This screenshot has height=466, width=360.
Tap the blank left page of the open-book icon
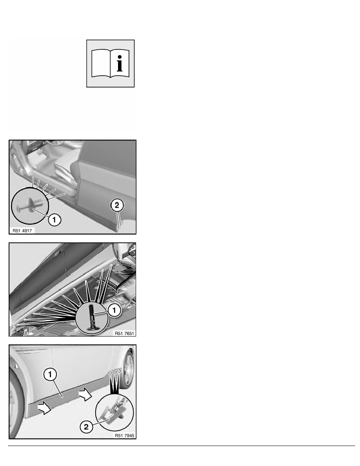tap(101, 63)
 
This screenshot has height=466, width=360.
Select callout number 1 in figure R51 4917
tap(54, 220)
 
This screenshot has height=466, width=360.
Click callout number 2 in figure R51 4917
tap(117, 205)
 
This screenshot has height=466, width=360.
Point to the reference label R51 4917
tap(22, 231)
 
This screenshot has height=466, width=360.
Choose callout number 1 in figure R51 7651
tap(114, 310)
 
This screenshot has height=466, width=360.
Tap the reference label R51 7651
tap(124, 333)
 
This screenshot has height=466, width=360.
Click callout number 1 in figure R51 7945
tap(50, 375)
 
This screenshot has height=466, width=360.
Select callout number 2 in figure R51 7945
tap(86, 427)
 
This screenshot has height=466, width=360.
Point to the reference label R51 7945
tap(124, 435)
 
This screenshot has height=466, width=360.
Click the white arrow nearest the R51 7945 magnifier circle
tap(85, 394)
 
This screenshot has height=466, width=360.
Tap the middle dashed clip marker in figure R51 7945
tap(115, 371)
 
